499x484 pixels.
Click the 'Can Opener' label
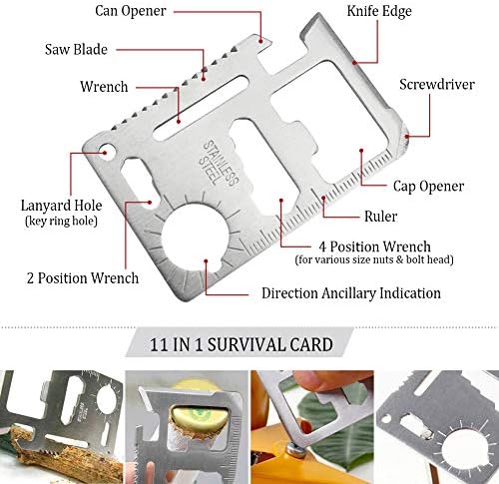coord(131,11)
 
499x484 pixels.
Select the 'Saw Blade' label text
coord(76,49)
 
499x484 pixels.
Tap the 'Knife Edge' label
coord(379,11)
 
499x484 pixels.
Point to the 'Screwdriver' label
coord(437,84)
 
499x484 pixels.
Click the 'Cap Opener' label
coord(428,187)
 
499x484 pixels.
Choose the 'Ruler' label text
coord(380,217)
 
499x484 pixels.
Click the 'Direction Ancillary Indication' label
coord(351,293)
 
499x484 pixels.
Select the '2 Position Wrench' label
coord(83,278)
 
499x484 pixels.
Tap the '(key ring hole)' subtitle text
coord(61,222)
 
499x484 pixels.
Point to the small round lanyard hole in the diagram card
coord(107,152)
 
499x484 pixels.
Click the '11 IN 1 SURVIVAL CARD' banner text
coord(242,344)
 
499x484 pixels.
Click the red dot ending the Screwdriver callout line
coord(406,136)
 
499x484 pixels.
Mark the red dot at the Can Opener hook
coord(261,42)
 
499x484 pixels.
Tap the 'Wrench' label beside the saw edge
coord(104,87)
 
